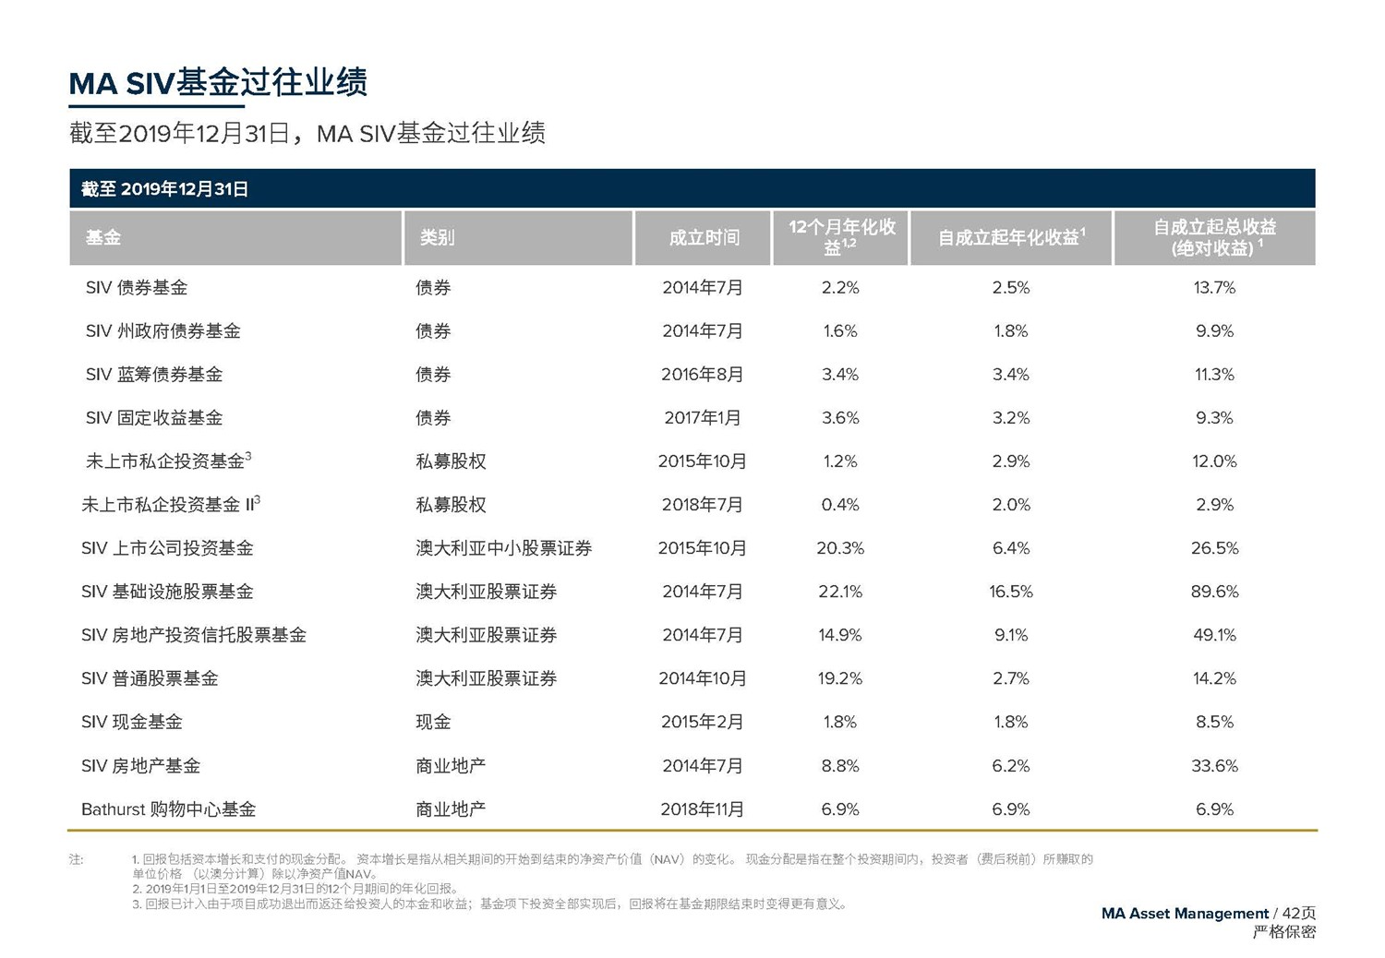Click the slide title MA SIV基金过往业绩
pos(218,83)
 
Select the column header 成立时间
pos(704,238)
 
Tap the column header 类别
pos(437,238)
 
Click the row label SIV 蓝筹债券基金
pos(154,375)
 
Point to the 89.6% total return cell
pos(1214,592)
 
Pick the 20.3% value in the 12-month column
pos(840,548)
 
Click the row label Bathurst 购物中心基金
pos(169,809)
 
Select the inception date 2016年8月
pos(702,375)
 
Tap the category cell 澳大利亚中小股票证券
pos(504,548)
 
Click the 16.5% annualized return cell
pos(1011,592)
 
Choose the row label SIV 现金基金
pos(132,722)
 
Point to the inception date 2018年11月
pos(702,809)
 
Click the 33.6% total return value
pos(1214,766)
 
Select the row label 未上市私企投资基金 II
pos(171,505)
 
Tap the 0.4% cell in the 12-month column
pos(840,505)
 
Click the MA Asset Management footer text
pos(1185,914)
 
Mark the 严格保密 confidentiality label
pos(1283,932)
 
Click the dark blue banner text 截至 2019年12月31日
pos(165,189)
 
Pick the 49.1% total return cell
pos(1214,635)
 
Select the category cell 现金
pos(433,722)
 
